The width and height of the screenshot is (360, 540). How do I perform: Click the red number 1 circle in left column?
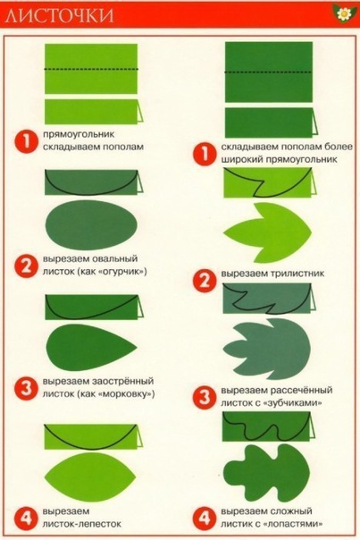pyautogui.click(x=28, y=140)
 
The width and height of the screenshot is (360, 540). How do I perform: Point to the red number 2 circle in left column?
pyautogui.click(x=28, y=266)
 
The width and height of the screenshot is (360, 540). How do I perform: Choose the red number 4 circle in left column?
pyautogui.click(x=28, y=518)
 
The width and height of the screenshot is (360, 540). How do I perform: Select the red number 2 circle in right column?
pyautogui.click(x=207, y=279)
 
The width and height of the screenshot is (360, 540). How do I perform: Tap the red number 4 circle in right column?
pyautogui.click(x=206, y=518)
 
